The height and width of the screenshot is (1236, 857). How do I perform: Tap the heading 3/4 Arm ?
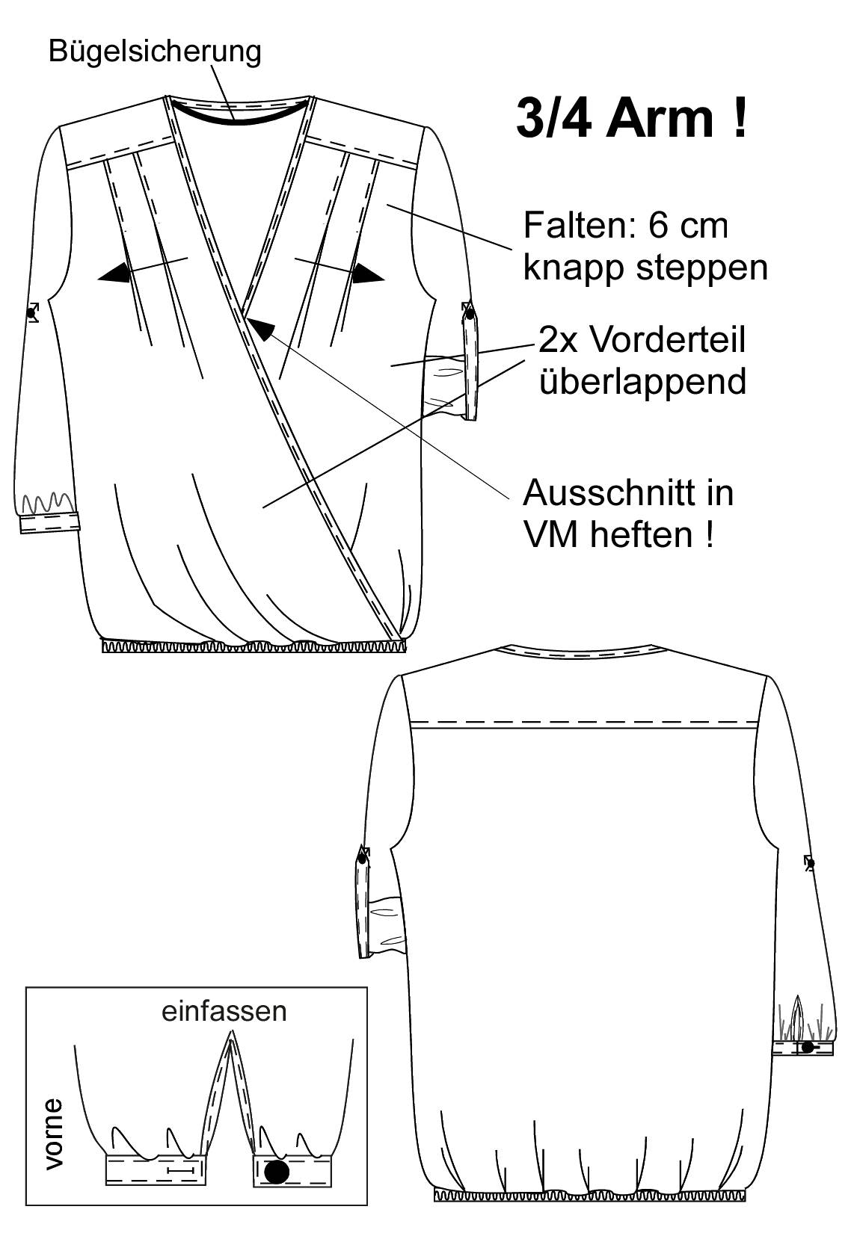(x=632, y=118)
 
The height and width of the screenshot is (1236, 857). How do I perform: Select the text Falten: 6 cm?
(x=626, y=225)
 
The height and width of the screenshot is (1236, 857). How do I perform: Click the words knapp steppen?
(x=645, y=269)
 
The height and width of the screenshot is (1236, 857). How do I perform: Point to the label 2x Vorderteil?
(x=642, y=340)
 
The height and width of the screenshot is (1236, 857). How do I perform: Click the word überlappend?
(x=643, y=381)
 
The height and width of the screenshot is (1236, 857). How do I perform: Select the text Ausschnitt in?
(x=628, y=492)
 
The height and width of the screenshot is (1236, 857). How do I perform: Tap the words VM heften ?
(x=618, y=534)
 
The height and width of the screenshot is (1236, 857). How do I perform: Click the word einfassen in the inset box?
(x=224, y=1011)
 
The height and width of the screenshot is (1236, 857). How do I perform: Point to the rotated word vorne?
(x=54, y=1134)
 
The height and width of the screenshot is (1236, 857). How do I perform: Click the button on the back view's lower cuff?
(x=808, y=1045)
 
